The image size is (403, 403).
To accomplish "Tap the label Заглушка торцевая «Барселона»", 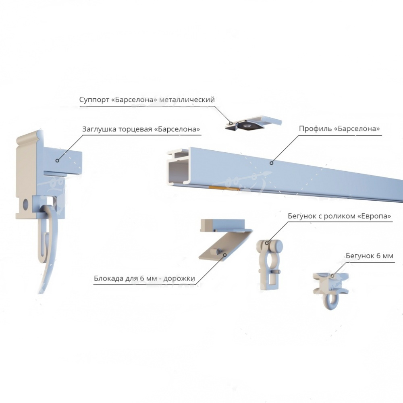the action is tap(141, 129).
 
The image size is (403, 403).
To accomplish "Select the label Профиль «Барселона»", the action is tap(339, 129).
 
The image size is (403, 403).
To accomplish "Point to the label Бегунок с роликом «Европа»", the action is tap(339, 216).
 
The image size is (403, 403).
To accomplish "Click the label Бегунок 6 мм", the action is tap(370, 256).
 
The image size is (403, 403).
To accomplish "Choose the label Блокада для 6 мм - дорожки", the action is tap(144, 278).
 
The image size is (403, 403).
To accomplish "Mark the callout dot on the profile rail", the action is tap(271, 163).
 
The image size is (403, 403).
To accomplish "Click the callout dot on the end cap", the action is tap(57, 160).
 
